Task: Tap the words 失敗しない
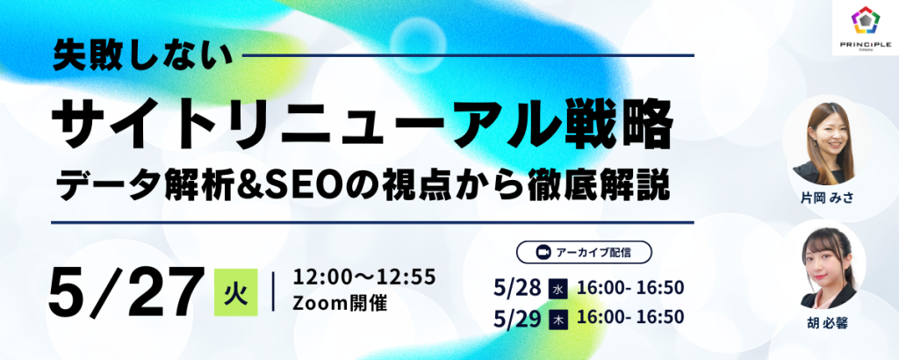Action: (143, 57)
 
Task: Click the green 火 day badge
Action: (235, 292)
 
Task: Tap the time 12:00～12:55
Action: (364, 277)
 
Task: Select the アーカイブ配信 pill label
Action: (584, 252)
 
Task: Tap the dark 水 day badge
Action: (558, 290)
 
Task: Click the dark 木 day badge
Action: (558, 320)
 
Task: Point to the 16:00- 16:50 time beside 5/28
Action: (630, 289)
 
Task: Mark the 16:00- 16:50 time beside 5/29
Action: (630, 318)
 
